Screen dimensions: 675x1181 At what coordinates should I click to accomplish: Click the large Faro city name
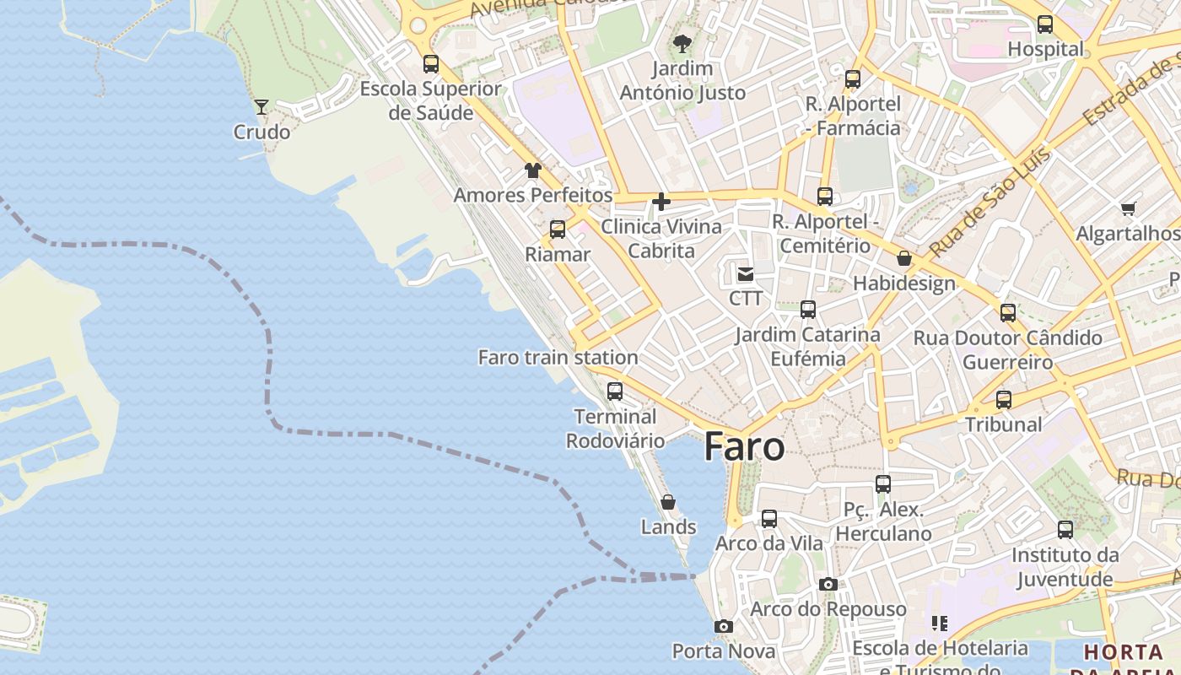click(744, 447)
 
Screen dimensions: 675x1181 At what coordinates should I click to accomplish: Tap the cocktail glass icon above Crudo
click(262, 106)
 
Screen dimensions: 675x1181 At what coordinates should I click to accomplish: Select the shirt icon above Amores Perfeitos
click(532, 170)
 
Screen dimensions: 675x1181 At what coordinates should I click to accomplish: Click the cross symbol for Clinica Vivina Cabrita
click(661, 202)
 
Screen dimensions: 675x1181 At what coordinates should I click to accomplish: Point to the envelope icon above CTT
click(746, 273)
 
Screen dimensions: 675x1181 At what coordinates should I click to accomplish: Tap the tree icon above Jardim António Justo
click(682, 43)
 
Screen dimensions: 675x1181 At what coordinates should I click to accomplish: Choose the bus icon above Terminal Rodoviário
click(615, 391)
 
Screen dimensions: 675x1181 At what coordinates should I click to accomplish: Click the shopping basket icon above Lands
click(668, 502)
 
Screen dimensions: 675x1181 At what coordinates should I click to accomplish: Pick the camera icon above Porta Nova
click(723, 626)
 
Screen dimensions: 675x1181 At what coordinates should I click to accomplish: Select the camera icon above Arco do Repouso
click(828, 584)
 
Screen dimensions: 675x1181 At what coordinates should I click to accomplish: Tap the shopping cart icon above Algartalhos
click(1128, 208)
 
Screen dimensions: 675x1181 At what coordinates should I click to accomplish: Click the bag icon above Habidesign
click(904, 258)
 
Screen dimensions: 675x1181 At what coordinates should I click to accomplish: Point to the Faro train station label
click(558, 357)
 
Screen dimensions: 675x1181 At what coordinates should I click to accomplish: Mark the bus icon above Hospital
click(1045, 24)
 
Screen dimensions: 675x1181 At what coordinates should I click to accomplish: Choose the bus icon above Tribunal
click(1004, 400)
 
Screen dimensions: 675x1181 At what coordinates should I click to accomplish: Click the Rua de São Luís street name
click(990, 202)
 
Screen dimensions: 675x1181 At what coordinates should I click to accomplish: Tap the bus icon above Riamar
click(558, 229)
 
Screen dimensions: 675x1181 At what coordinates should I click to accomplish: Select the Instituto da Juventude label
click(1065, 567)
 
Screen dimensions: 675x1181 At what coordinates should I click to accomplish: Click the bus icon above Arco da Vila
click(769, 519)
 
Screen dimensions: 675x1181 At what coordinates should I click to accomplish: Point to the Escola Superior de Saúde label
click(430, 100)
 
